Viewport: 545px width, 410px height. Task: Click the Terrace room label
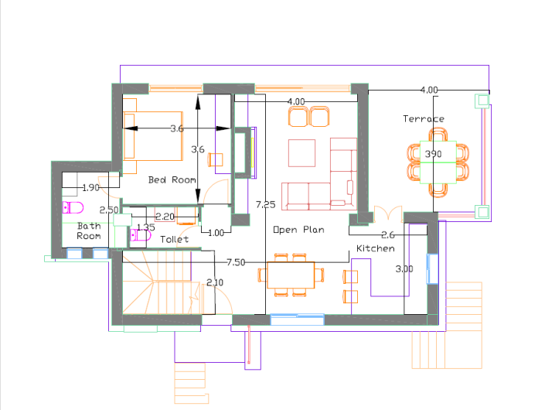point(424,119)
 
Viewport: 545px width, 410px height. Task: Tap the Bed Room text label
point(172,179)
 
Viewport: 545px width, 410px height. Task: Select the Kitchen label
point(376,248)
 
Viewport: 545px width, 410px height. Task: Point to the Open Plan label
point(298,230)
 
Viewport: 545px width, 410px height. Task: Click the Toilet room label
point(175,239)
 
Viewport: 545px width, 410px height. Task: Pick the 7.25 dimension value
point(266,204)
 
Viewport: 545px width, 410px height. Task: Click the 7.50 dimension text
point(236,262)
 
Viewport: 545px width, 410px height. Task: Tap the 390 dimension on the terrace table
point(433,154)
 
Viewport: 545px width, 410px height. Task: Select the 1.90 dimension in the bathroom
point(91,188)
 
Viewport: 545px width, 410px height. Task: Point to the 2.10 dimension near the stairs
point(215,282)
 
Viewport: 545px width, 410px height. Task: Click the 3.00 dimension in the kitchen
point(404,268)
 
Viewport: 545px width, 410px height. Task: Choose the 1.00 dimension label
point(216,233)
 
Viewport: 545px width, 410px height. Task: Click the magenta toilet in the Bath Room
point(73,207)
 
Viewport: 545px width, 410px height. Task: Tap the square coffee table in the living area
point(301,153)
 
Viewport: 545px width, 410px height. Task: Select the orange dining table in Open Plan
point(291,275)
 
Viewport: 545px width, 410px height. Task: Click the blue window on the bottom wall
point(297,319)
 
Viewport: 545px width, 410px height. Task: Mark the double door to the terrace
point(388,214)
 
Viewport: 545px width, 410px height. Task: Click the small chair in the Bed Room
point(216,159)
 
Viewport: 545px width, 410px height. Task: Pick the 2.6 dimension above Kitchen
point(388,235)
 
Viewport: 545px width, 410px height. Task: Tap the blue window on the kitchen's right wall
point(432,268)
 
